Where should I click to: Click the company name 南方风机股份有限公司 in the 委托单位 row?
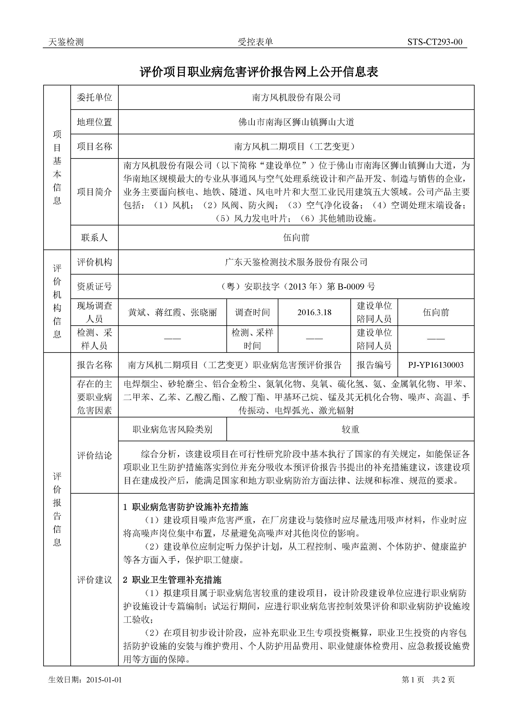[296, 97]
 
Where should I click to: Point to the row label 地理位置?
[94, 122]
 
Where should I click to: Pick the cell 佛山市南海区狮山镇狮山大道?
[296, 122]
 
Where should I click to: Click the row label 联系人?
[94, 238]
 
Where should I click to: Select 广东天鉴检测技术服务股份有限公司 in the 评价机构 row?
[296, 262]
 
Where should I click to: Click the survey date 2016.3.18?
[314, 312]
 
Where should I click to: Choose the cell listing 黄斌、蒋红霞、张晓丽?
[172, 312]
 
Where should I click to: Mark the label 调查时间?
[252, 312]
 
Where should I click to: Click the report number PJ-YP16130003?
[436, 365]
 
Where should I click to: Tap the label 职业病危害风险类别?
[172, 430]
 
